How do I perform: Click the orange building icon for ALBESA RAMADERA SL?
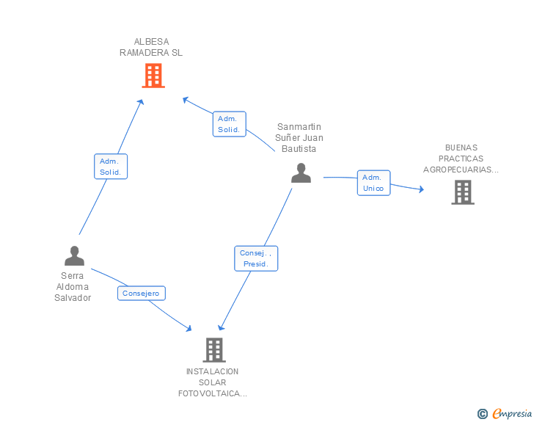[153, 76]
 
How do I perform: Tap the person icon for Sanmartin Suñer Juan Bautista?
[301, 173]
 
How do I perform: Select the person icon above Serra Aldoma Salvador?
[74, 255]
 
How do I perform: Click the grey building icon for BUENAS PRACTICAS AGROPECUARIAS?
[462, 192]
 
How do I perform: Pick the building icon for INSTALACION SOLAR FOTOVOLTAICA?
[213, 350]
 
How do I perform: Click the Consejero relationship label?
[142, 294]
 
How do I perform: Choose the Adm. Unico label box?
[373, 183]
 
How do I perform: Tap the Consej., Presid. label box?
[256, 258]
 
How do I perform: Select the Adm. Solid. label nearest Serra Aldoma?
[111, 167]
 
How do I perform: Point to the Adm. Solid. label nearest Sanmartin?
[229, 124]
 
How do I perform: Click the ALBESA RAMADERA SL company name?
[151, 47]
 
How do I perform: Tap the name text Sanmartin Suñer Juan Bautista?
[299, 138]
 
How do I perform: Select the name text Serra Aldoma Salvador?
[73, 287]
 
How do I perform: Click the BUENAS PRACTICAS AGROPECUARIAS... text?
[461, 159]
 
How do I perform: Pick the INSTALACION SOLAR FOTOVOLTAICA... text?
[213, 382]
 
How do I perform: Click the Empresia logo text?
[512, 413]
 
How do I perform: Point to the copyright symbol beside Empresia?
[482, 414]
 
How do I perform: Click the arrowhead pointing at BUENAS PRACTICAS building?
[420, 189]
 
